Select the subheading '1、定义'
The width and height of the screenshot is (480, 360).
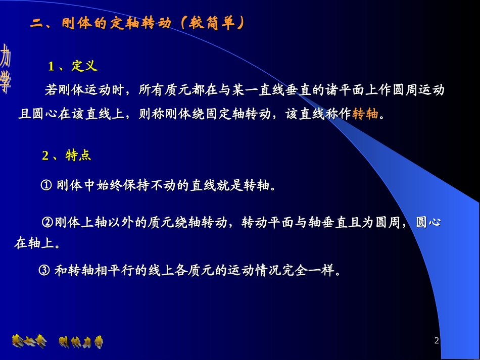click(72, 66)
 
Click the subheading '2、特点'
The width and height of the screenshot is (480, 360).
click(66, 156)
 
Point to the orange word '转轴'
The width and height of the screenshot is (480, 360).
click(365, 114)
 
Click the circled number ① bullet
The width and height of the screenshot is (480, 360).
click(46, 186)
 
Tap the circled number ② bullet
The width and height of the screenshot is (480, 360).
click(47, 222)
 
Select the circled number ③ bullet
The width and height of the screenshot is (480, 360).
click(44, 271)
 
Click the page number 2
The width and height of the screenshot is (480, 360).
click(437, 341)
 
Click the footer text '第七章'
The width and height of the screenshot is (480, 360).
click(29, 342)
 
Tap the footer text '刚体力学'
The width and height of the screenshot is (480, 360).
click(81, 342)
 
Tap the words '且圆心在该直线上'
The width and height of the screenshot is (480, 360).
click(71, 114)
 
